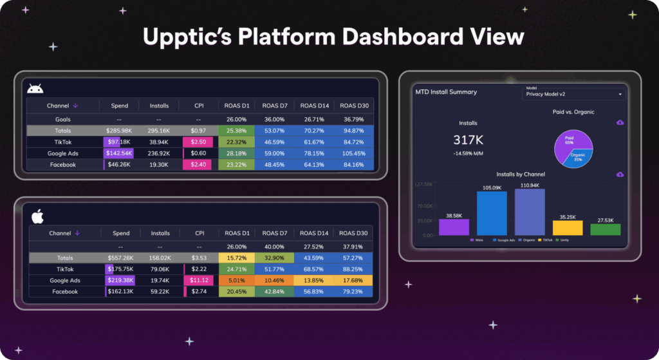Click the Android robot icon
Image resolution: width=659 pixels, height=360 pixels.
coord(35,88)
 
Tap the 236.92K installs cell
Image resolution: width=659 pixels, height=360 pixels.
coord(160,153)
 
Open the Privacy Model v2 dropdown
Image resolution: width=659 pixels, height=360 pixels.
coord(574,93)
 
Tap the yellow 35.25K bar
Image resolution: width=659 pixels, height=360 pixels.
coord(567,228)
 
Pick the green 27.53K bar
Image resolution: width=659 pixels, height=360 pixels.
coord(606,229)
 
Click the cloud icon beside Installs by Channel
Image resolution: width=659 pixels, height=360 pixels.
coord(620,174)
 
